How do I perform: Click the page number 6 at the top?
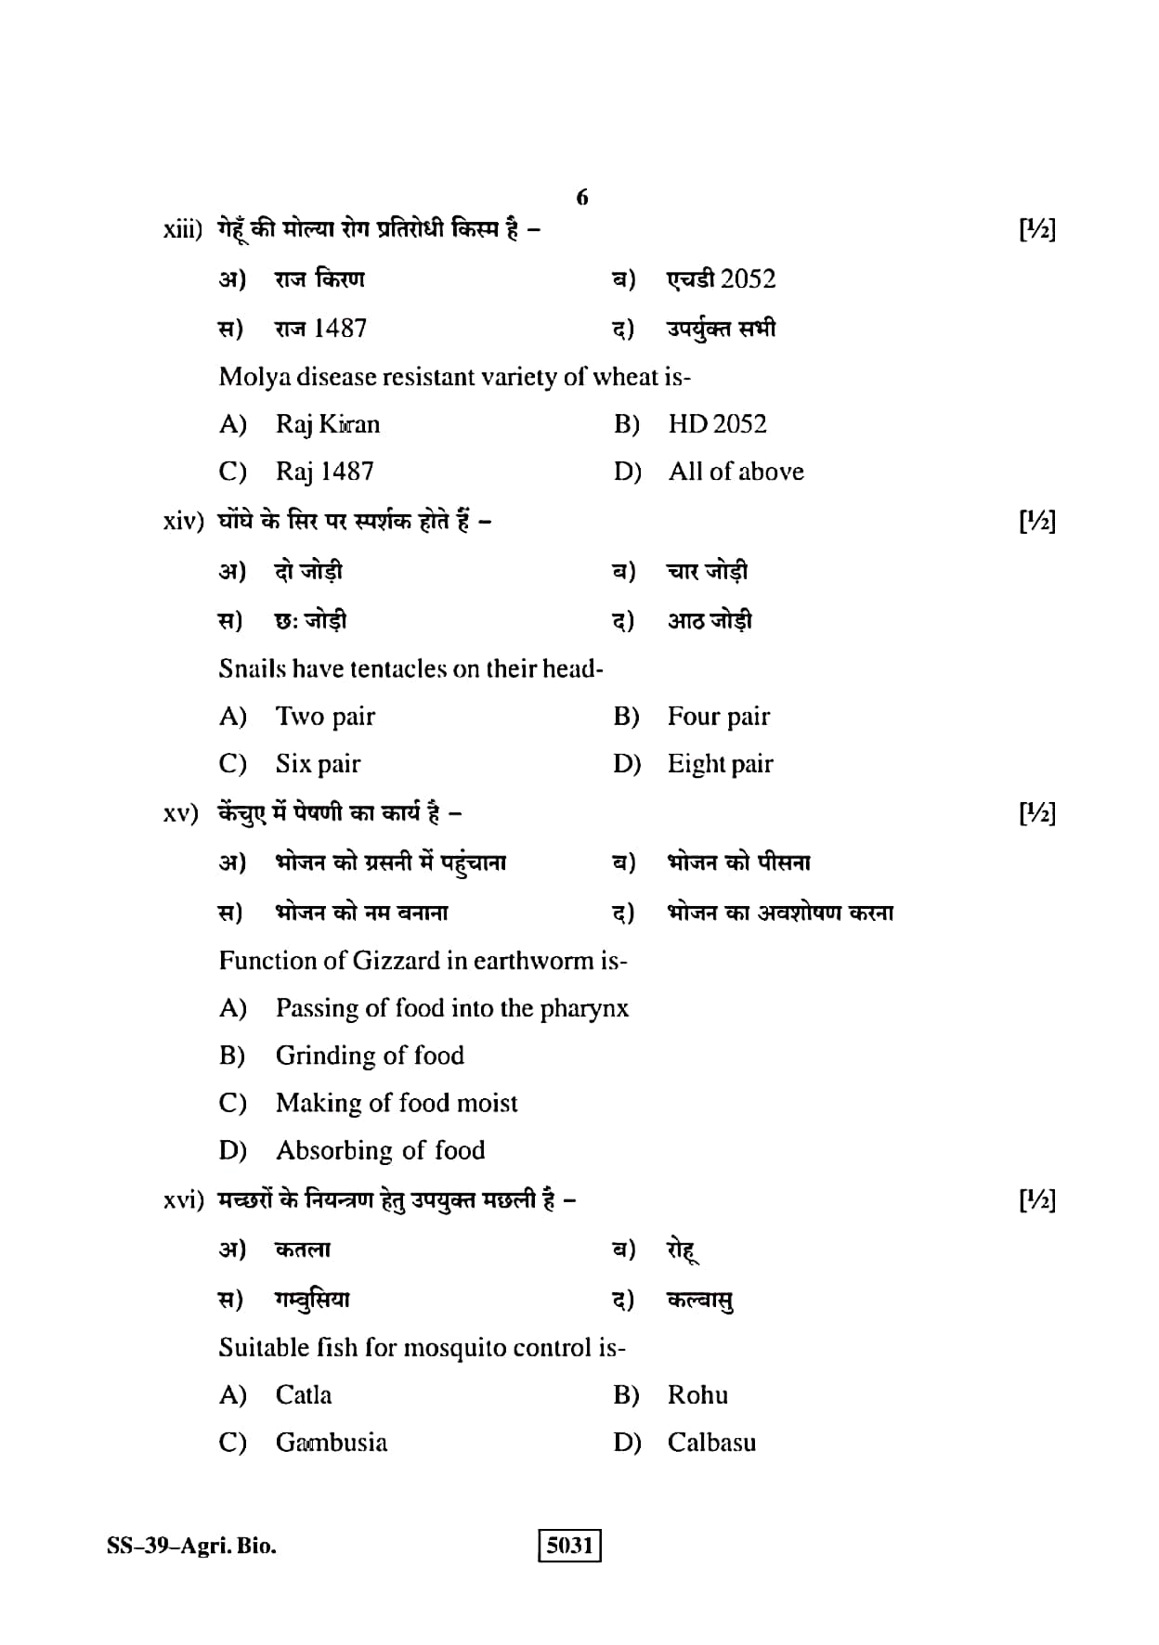click(582, 197)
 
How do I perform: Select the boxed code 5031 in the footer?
click(569, 1545)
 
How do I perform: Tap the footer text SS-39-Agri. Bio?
click(191, 1546)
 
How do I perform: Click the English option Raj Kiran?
click(328, 424)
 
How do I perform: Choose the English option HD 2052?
click(717, 424)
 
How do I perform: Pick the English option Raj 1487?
click(324, 472)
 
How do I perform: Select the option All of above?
click(736, 472)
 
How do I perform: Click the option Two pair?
click(325, 717)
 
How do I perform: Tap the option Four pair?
click(718, 717)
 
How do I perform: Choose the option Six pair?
click(318, 764)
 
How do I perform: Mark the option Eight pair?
click(720, 764)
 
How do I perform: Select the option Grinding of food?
click(370, 1056)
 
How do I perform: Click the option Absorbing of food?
click(380, 1150)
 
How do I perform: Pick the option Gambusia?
click(332, 1443)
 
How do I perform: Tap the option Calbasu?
click(711, 1443)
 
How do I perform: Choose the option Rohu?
click(697, 1395)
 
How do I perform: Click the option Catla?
click(304, 1395)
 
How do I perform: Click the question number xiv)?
click(182, 522)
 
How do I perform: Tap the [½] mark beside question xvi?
click(1037, 1201)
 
